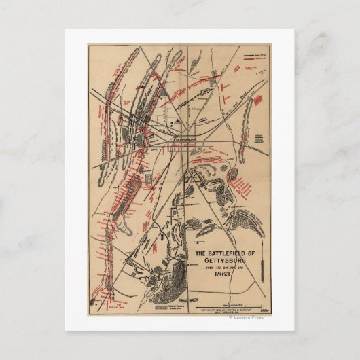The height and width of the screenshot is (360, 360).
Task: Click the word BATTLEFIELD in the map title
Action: point(222,254)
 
